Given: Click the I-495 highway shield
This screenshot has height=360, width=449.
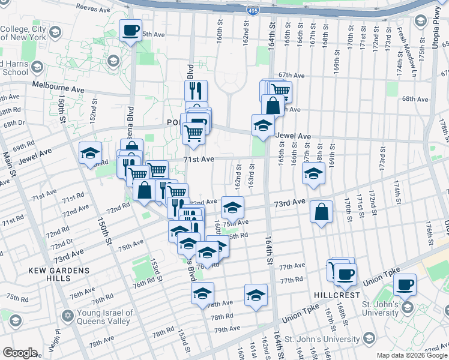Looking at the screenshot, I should point(253,10).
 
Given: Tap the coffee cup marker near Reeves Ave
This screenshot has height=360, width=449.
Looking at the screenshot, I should point(130,30).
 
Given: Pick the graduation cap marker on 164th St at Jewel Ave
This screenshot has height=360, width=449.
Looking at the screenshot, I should point(262,125).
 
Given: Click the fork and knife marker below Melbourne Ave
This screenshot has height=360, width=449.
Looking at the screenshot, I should point(196,91).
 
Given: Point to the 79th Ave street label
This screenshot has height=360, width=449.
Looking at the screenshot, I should point(226,329).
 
